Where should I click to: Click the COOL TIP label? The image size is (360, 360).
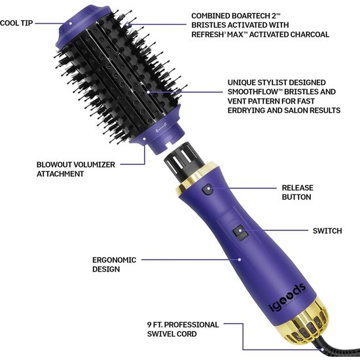click(x=16, y=23)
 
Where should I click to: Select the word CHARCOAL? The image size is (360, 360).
click(x=310, y=35)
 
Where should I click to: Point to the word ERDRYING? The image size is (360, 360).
click(x=246, y=111)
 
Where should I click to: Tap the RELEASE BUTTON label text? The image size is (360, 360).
click(x=298, y=192)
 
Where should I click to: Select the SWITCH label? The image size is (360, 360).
click(x=327, y=231)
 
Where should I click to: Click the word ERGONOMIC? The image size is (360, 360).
click(x=115, y=260)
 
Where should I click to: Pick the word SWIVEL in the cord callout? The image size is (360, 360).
click(x=161, y=334)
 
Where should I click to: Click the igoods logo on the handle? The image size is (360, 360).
click(x=287, y=298)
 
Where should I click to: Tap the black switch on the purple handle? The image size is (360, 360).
click(x=240, y=234)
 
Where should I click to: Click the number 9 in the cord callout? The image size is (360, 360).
click(x=149, y=325)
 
